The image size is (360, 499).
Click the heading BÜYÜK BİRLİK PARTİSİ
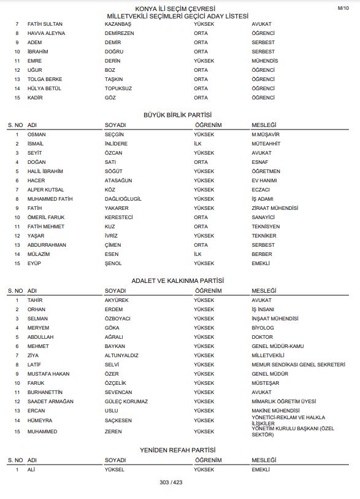pos(177,115)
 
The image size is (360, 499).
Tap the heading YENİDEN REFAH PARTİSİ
pos(177,450)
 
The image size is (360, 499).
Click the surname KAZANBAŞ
pos(119,23)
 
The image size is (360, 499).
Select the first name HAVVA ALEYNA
pos(47,33)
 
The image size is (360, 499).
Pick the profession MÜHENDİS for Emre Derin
pos(265,61)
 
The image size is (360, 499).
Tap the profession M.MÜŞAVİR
pos(266,134)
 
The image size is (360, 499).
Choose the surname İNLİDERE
pos(117,143)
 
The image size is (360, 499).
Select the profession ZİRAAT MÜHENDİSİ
pos(274,208)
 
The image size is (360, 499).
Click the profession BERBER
pos(262,254)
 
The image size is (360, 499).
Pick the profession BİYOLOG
pos(262,328)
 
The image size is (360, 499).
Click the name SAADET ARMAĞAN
pos(50,401)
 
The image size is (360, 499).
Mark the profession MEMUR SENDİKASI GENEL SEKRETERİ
pos(299,365)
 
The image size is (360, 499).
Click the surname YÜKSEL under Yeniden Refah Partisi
pos(115,469)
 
